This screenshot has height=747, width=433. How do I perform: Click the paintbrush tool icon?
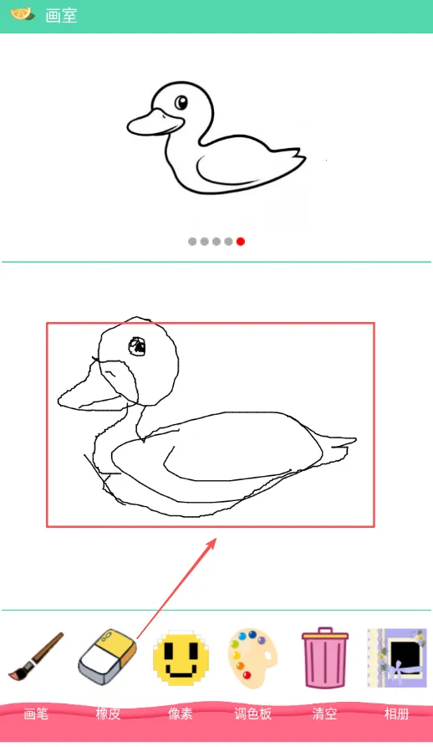(x=36, y=656)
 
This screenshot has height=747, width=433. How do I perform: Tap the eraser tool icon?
(x=108, y=657)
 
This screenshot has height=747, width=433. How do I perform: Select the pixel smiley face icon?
(x=181, y=658)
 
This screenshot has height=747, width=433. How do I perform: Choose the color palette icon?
(x=252, y=658)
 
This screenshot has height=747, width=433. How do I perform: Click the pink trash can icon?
(x=325, y=657)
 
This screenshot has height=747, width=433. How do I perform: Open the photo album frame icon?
(x=397, y=658)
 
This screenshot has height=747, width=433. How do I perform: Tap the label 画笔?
(x=36, y=714)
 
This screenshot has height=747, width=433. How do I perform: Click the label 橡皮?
(x=108, y=714)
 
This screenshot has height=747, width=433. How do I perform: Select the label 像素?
(x=181, y=714)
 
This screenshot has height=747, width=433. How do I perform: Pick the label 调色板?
(x=252, y=714)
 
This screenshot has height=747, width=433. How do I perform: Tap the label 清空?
(x=325, y=714)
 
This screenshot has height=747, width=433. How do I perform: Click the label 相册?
(x=397, y=714)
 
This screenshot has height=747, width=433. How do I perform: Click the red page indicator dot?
(x=241, y=242)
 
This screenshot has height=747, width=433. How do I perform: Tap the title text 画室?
(x=61, y=16)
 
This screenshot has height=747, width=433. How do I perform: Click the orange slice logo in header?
(x=23, y=14)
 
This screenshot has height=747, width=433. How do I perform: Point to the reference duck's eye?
(x=181, y=102)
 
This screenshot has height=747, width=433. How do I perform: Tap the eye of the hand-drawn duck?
(x=138, y=346)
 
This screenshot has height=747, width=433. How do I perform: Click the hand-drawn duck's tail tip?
(x=355, y=440)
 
